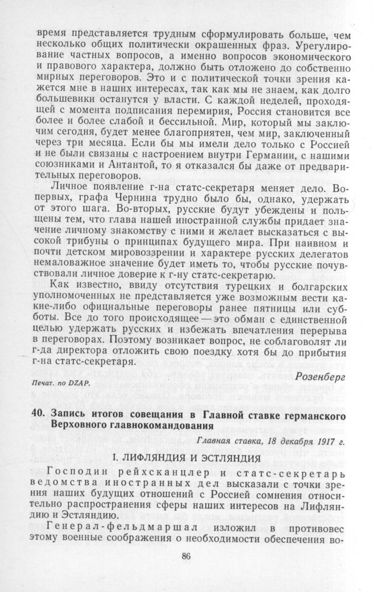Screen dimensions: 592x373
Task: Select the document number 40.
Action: coord(37,416)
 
